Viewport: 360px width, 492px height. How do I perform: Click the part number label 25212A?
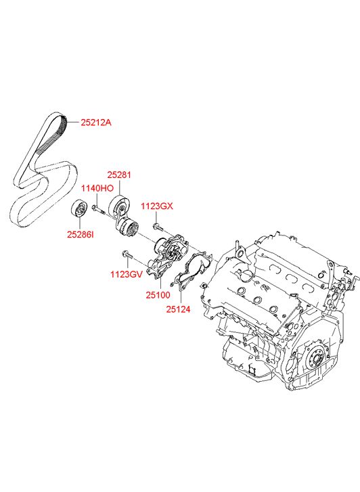click(x=96, y=122)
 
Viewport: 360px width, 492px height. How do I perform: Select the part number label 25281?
click(x=119, y=175)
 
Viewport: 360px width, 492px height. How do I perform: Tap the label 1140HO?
click(x=97, y=189)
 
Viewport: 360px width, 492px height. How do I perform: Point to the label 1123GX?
click(x=156, y=206)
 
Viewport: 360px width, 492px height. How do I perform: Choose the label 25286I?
click(x=80, y=234)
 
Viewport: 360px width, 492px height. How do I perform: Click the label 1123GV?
click(x=127, y=275)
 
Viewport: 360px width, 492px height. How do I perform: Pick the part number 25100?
click(x=158, y=295)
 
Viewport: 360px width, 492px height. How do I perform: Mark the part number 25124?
click(x=178, y=309)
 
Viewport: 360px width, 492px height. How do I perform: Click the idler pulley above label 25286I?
click(x=78, y=208)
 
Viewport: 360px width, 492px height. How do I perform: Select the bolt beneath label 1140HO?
click(x=97, y=208)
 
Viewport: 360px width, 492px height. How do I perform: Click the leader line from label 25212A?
click(x=74, y=122)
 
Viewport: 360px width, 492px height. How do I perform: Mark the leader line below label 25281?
click(x=119, y=187)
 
